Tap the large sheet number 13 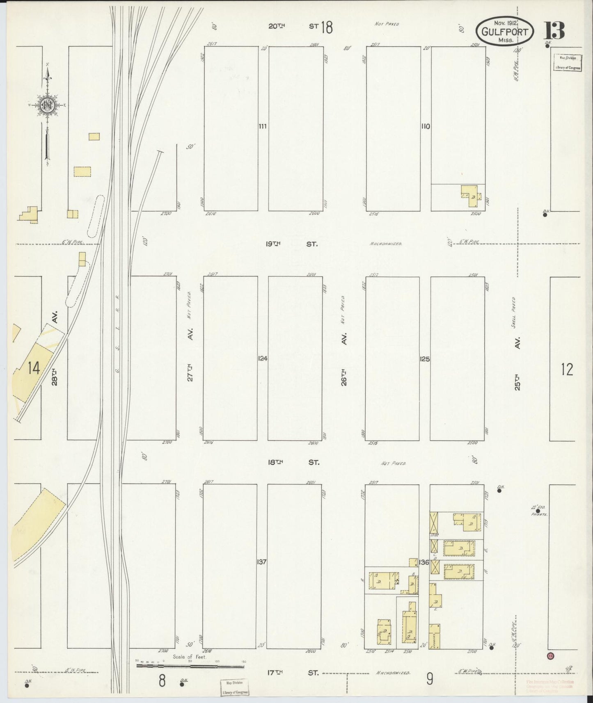pyautogui.click(x=554, y=31)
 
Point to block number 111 pyautogui.click(x=262, y=126)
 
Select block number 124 pyautogui.click(x=263, y=358)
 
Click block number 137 pyautogui.click(x=262, y=561)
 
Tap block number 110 pyautogui.click(x=425, y=126)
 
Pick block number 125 pyautogui.click(x=425, y=359)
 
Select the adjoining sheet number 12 pyautogui.click(x=567, y=370)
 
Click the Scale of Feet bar pyautogui.click(x=190, y=666)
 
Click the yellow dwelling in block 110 pyautogui.click(x=470, y=193)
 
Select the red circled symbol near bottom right pyautogui.click(x=550, y=655)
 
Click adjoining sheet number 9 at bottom pyautogui.click(x=429, y=680)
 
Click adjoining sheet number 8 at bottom pyautogui.click(x=162, y=681)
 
